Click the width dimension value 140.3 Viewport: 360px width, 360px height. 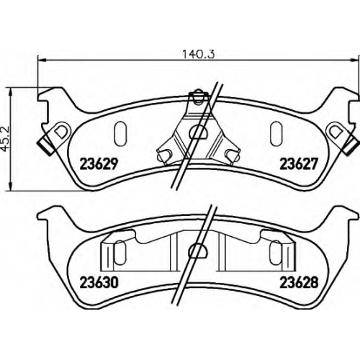198,54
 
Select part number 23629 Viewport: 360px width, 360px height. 99,164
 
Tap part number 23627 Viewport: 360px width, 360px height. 299,164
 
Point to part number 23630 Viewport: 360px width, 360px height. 99,282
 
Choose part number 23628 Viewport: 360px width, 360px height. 299,282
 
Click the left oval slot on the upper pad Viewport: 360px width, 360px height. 120,134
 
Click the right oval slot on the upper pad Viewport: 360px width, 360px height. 276,134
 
